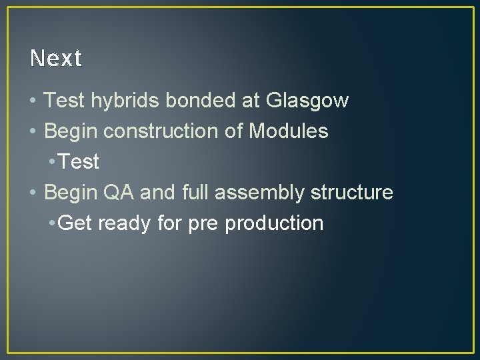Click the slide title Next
point(56,59)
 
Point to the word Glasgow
point(307,101)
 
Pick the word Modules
point(288,131)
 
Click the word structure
point(352,193)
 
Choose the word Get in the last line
point(75,223)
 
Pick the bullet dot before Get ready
point(53,223)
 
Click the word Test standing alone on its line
point(79,162)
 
